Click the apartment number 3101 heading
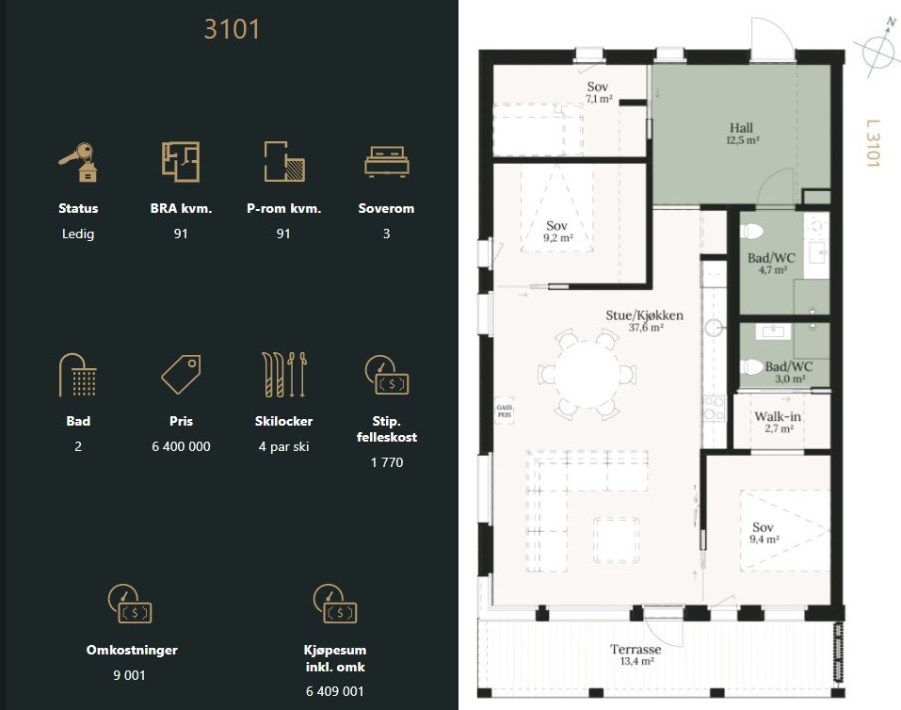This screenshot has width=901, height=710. (233, 29)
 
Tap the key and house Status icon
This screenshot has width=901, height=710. (78, 162)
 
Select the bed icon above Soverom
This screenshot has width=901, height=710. (387, 161)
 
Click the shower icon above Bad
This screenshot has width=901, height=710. (77, 375)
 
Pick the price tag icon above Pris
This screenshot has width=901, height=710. (181, 374)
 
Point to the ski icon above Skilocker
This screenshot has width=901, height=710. (284, 375)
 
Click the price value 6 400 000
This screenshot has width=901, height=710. (181, 446)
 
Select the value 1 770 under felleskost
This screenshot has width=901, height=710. (387, 462)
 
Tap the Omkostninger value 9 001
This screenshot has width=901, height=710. (129, 675)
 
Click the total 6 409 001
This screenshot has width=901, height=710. (335, 691)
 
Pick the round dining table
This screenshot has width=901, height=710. (587, 375)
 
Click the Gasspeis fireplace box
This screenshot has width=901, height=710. (505, 411)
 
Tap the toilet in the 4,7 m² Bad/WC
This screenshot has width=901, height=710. (752, 232)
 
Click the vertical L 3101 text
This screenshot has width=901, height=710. (873, 143)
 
